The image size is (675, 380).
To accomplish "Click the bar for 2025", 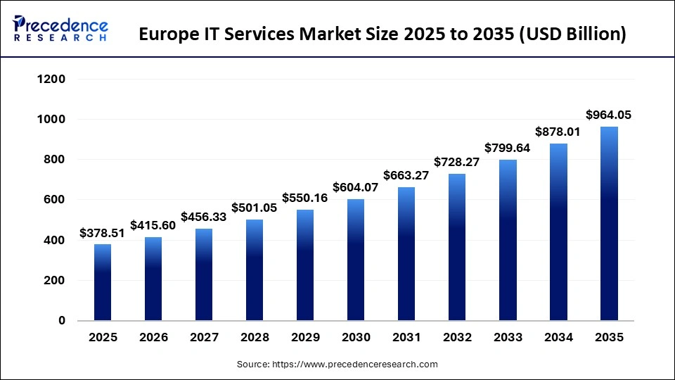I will coord(103,282).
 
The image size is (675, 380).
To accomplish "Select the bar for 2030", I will coord(356,260).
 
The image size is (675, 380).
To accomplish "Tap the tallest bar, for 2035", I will coord(609,224).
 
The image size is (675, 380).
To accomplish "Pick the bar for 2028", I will coord(255,270).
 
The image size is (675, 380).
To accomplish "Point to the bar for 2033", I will coord(508,240).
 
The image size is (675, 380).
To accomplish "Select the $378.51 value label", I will coord(103,233).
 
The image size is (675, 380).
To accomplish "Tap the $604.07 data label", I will coord(356,188).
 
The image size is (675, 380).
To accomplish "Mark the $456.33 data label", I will coord(204,217).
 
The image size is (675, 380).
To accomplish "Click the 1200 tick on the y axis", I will coord(51,80).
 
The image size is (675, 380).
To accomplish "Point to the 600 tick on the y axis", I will coord(56,200).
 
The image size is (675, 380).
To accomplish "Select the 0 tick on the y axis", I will coord(61,321).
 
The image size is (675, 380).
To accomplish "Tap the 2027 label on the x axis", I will coord(204,338).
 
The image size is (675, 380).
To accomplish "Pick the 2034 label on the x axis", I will coord(558,338).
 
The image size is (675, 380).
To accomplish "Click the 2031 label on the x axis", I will coord(406,338).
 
